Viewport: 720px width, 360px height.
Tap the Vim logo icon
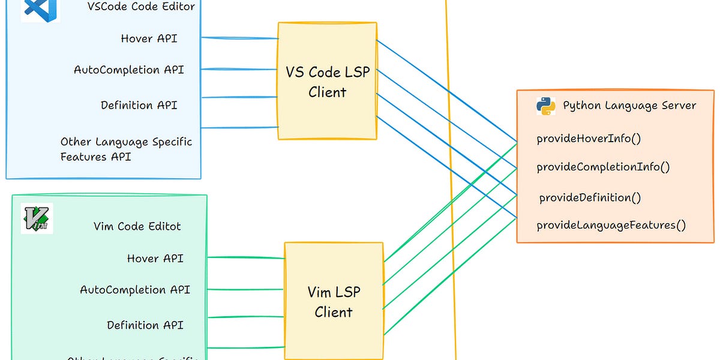(x=37, y=218)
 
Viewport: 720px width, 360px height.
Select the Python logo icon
(x=545, y=106)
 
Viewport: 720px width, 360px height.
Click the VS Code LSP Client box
(x=327, y=82)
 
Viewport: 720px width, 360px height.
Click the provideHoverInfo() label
(x=589, y=139)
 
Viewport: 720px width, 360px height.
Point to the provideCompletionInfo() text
(x=603, y=167)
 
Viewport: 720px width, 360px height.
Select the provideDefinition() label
(x=590, y=197)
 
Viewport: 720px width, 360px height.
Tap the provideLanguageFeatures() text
(x=611, y=225)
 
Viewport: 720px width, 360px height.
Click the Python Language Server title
(x=629, y=106)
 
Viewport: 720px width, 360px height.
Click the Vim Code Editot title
(x=137, y=226)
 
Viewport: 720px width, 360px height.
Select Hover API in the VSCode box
(x=149, y=38)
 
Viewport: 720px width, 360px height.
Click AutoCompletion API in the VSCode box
(x=128, y=70)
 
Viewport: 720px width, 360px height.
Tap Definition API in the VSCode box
(x=139, y=105)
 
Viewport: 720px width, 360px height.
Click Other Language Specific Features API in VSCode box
(x=126, y=149)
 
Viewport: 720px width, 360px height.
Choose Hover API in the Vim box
(x=155, y=258)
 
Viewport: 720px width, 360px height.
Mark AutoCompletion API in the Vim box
(x=135, y=290)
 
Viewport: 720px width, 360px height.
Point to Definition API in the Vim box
(x=145, y=325)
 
